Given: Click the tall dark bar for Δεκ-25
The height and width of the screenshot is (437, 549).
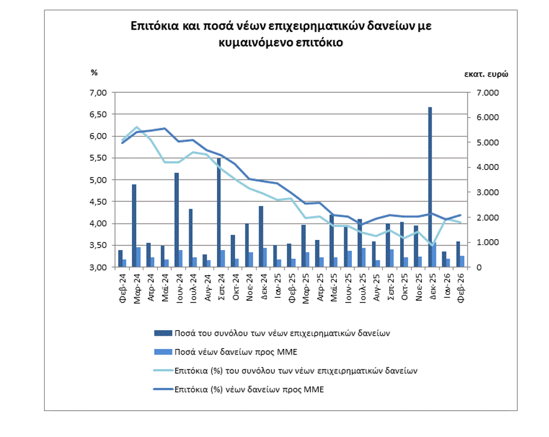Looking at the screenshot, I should pos(430,187).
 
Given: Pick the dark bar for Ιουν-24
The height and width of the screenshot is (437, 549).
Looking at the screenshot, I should pos(177,220).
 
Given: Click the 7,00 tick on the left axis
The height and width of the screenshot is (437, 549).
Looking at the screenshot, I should pos(98,93).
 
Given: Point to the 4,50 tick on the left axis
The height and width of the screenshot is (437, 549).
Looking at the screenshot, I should pos(98,202).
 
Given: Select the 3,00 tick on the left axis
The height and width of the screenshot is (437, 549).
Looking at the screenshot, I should pos(98,267).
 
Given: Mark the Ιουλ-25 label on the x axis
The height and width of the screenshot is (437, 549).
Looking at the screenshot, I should pos(360,286).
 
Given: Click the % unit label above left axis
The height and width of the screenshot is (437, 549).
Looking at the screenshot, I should pos(94,72).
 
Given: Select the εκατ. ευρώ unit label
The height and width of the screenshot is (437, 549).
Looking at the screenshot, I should pos(486,75).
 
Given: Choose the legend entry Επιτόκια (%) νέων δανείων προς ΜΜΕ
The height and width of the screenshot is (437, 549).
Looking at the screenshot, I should pos(249,389).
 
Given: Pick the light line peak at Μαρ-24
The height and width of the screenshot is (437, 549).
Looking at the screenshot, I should pos(136,127).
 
